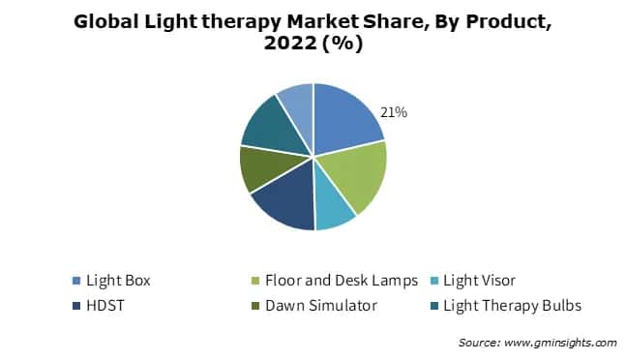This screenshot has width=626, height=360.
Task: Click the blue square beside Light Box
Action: point(75,282)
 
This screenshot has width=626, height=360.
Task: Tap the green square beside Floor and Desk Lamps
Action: point(253,282)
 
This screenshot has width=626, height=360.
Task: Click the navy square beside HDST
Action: point(75,305)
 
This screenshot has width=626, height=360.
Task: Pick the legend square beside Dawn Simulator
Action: point(253,305)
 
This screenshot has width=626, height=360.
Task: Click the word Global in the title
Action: point(108,22)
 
